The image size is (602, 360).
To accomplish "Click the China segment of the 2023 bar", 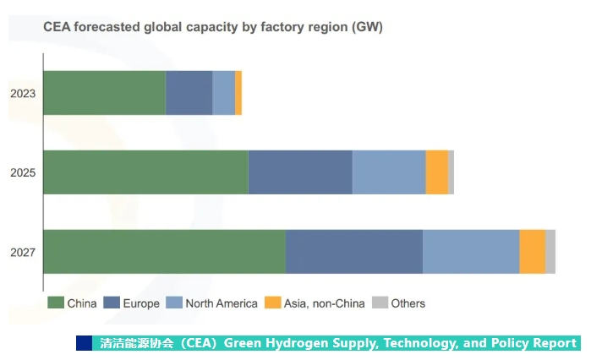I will click(104, 93).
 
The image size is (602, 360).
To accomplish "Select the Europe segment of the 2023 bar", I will click(189, 93).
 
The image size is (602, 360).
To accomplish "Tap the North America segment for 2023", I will click(223, 93).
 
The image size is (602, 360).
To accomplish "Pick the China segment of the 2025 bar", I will click(145, 172).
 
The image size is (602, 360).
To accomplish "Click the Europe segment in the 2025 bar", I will click(300, 172).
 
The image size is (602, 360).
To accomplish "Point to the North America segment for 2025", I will click(389, 172).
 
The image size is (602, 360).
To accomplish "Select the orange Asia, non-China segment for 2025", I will click(436, 172).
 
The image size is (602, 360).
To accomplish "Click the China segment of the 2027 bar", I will click(164, 251).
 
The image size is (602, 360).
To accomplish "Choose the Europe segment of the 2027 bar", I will click(354, 251).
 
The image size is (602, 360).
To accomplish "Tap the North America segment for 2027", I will click(471, 251).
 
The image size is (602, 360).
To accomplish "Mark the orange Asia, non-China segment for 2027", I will click(532, 251).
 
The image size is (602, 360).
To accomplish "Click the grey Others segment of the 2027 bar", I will click(550, 251).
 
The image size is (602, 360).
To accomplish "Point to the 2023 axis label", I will click(23, 93).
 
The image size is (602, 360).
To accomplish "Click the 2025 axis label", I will click(23, 172).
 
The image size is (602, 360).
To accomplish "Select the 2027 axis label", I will click(23, 252).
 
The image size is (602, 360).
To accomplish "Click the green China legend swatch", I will click(56, 303).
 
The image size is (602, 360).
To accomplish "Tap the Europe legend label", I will click(141, 303).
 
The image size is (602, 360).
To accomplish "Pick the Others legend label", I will click(408, 303).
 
